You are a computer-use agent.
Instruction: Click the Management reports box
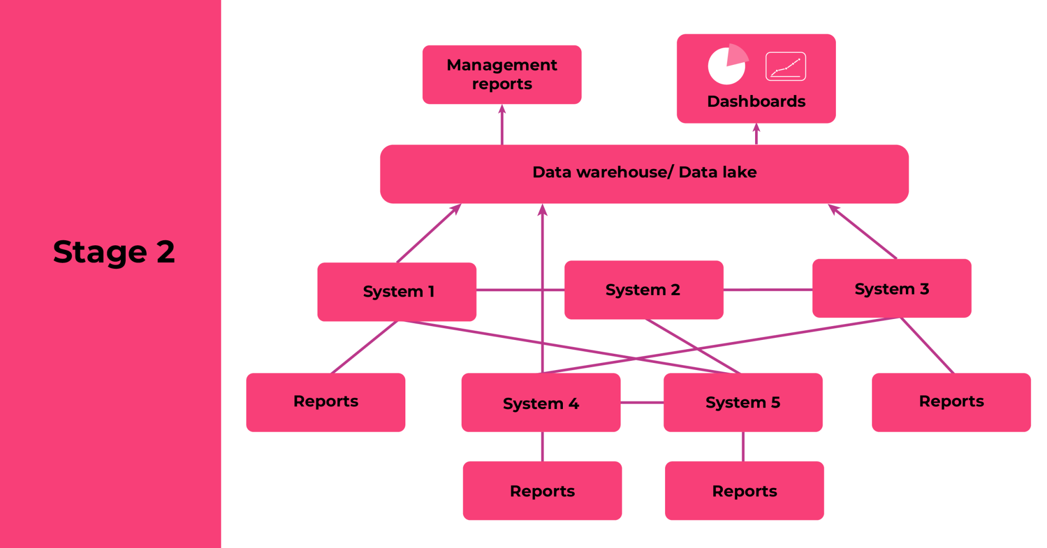coord(502,75)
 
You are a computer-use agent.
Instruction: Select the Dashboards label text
coord(756,101)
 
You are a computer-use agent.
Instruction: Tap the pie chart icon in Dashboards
coord(727,65)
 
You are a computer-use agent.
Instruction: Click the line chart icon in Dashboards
coord(785,66)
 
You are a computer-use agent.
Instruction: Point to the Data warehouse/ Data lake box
coord(644,174)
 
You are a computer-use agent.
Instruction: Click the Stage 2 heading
coord(114,252)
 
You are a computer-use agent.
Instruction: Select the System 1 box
coord(397,291)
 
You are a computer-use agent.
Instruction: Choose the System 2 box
coord(643,290)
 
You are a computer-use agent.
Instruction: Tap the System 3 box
coord(891,288)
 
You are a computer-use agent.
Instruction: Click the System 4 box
coord(540,403)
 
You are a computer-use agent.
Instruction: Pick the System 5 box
coord(742,402)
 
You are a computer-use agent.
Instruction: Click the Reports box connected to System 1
coord(326,402)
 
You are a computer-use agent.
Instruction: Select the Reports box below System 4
coord(542,491)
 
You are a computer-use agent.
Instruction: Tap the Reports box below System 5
coord(744,491)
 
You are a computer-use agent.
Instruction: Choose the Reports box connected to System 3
coord(951,402)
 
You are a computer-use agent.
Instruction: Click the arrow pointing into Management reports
coord(502,125)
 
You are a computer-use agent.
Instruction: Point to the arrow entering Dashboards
coord(756,134)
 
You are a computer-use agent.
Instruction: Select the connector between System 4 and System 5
coord(642,403)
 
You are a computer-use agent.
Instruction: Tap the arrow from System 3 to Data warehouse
coord(863,232)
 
